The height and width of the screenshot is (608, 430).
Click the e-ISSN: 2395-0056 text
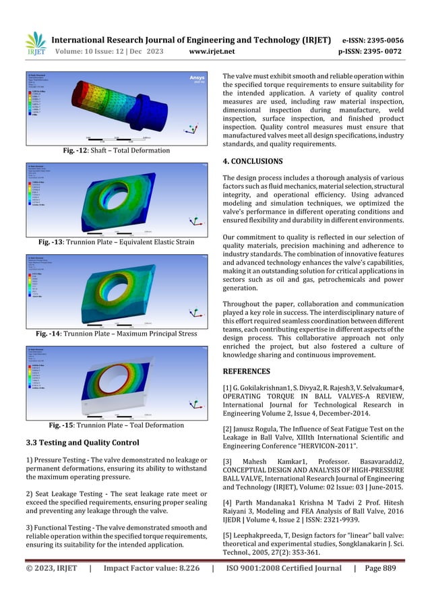click(x=376, y=40)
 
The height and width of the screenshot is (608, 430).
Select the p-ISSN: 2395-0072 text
click(x=376, y=50)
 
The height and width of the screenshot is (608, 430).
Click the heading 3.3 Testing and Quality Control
click(x=82, y=443)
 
